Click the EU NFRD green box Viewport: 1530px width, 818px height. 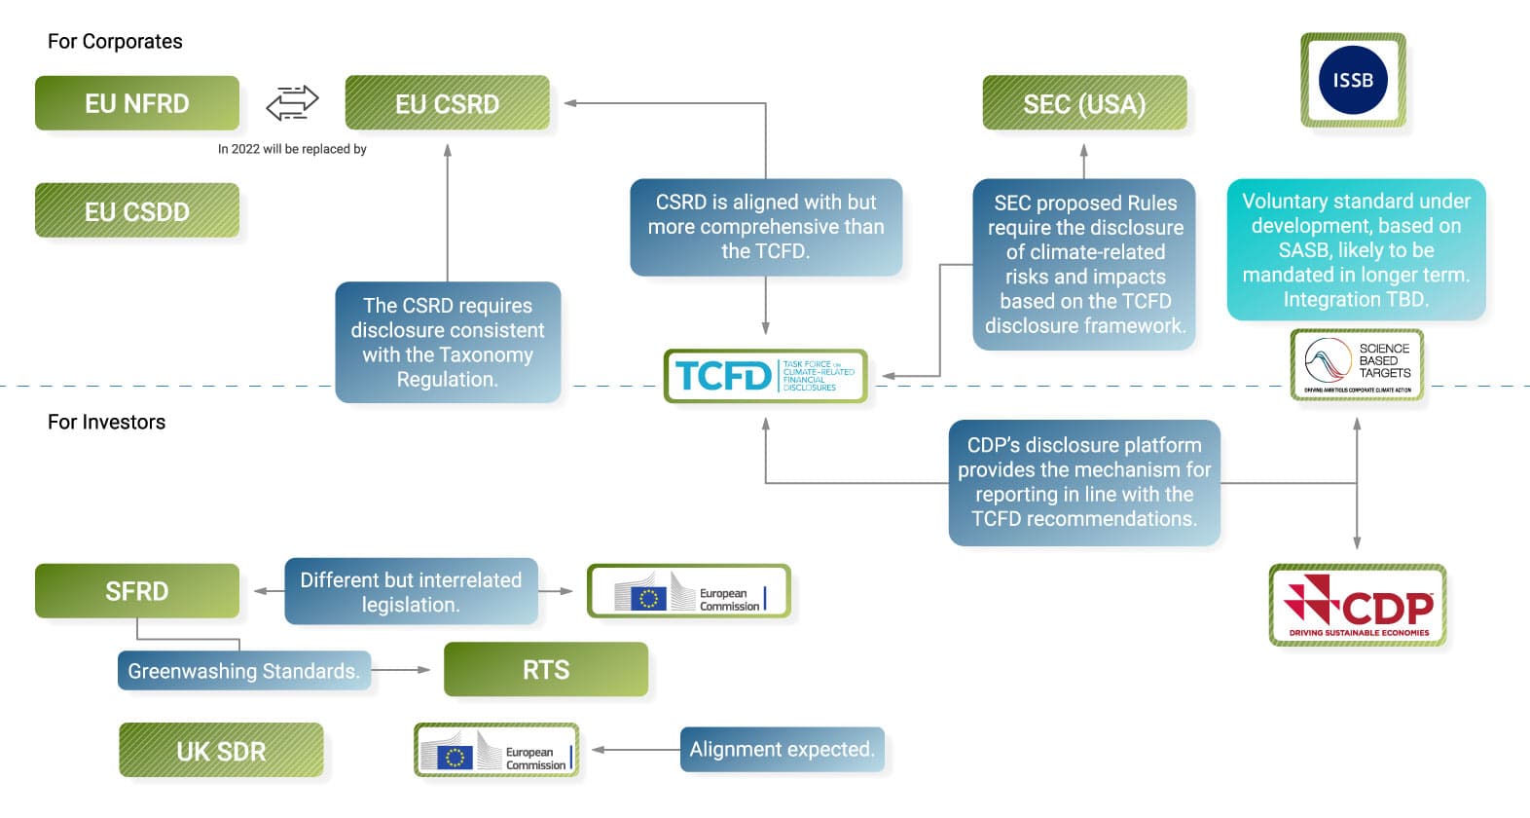(137, 103)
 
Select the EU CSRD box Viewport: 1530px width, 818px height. (447, 103)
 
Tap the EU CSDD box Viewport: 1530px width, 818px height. (137, 211)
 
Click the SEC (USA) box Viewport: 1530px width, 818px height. (1084, 103)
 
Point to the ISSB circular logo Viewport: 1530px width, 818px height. (1353, 80)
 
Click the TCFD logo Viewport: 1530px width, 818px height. (765, 376)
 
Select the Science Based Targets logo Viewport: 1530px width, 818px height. (1357, 365)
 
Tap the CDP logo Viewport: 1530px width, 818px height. (1358, 605)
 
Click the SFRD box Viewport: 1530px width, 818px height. (137, 591)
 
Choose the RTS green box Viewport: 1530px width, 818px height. (546, 670)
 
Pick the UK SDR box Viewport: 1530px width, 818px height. (221, 751)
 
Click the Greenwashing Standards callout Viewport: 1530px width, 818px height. (244, 671)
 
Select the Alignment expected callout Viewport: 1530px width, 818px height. (782, 750)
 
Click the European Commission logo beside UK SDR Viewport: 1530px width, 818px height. (496, 751)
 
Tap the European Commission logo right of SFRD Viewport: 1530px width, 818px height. (689, 592)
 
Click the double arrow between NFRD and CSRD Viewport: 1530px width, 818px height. (292, 102)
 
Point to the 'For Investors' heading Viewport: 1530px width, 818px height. (107, 422)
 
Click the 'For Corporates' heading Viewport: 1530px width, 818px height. (115, 41)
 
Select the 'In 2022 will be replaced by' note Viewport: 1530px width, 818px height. (292, 149)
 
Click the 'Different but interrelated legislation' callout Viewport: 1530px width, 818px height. (411, 592)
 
